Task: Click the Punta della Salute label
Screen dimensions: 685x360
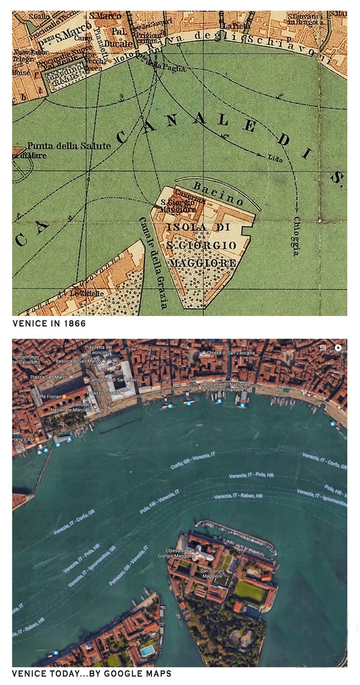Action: coord(68,146)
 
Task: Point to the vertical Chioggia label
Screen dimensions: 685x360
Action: coord(296,236)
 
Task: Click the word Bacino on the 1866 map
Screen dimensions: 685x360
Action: coord(219,192)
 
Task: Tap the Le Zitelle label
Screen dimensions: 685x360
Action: coord(87,293)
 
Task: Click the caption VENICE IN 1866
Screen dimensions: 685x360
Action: coord(49,324)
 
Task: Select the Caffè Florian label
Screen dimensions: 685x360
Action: coord(48,397)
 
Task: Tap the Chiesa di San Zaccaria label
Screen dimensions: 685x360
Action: coord(231,353)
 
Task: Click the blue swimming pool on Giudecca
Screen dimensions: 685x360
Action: coord(147,651)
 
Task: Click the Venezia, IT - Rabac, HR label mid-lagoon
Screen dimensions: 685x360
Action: coord(238,496)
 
